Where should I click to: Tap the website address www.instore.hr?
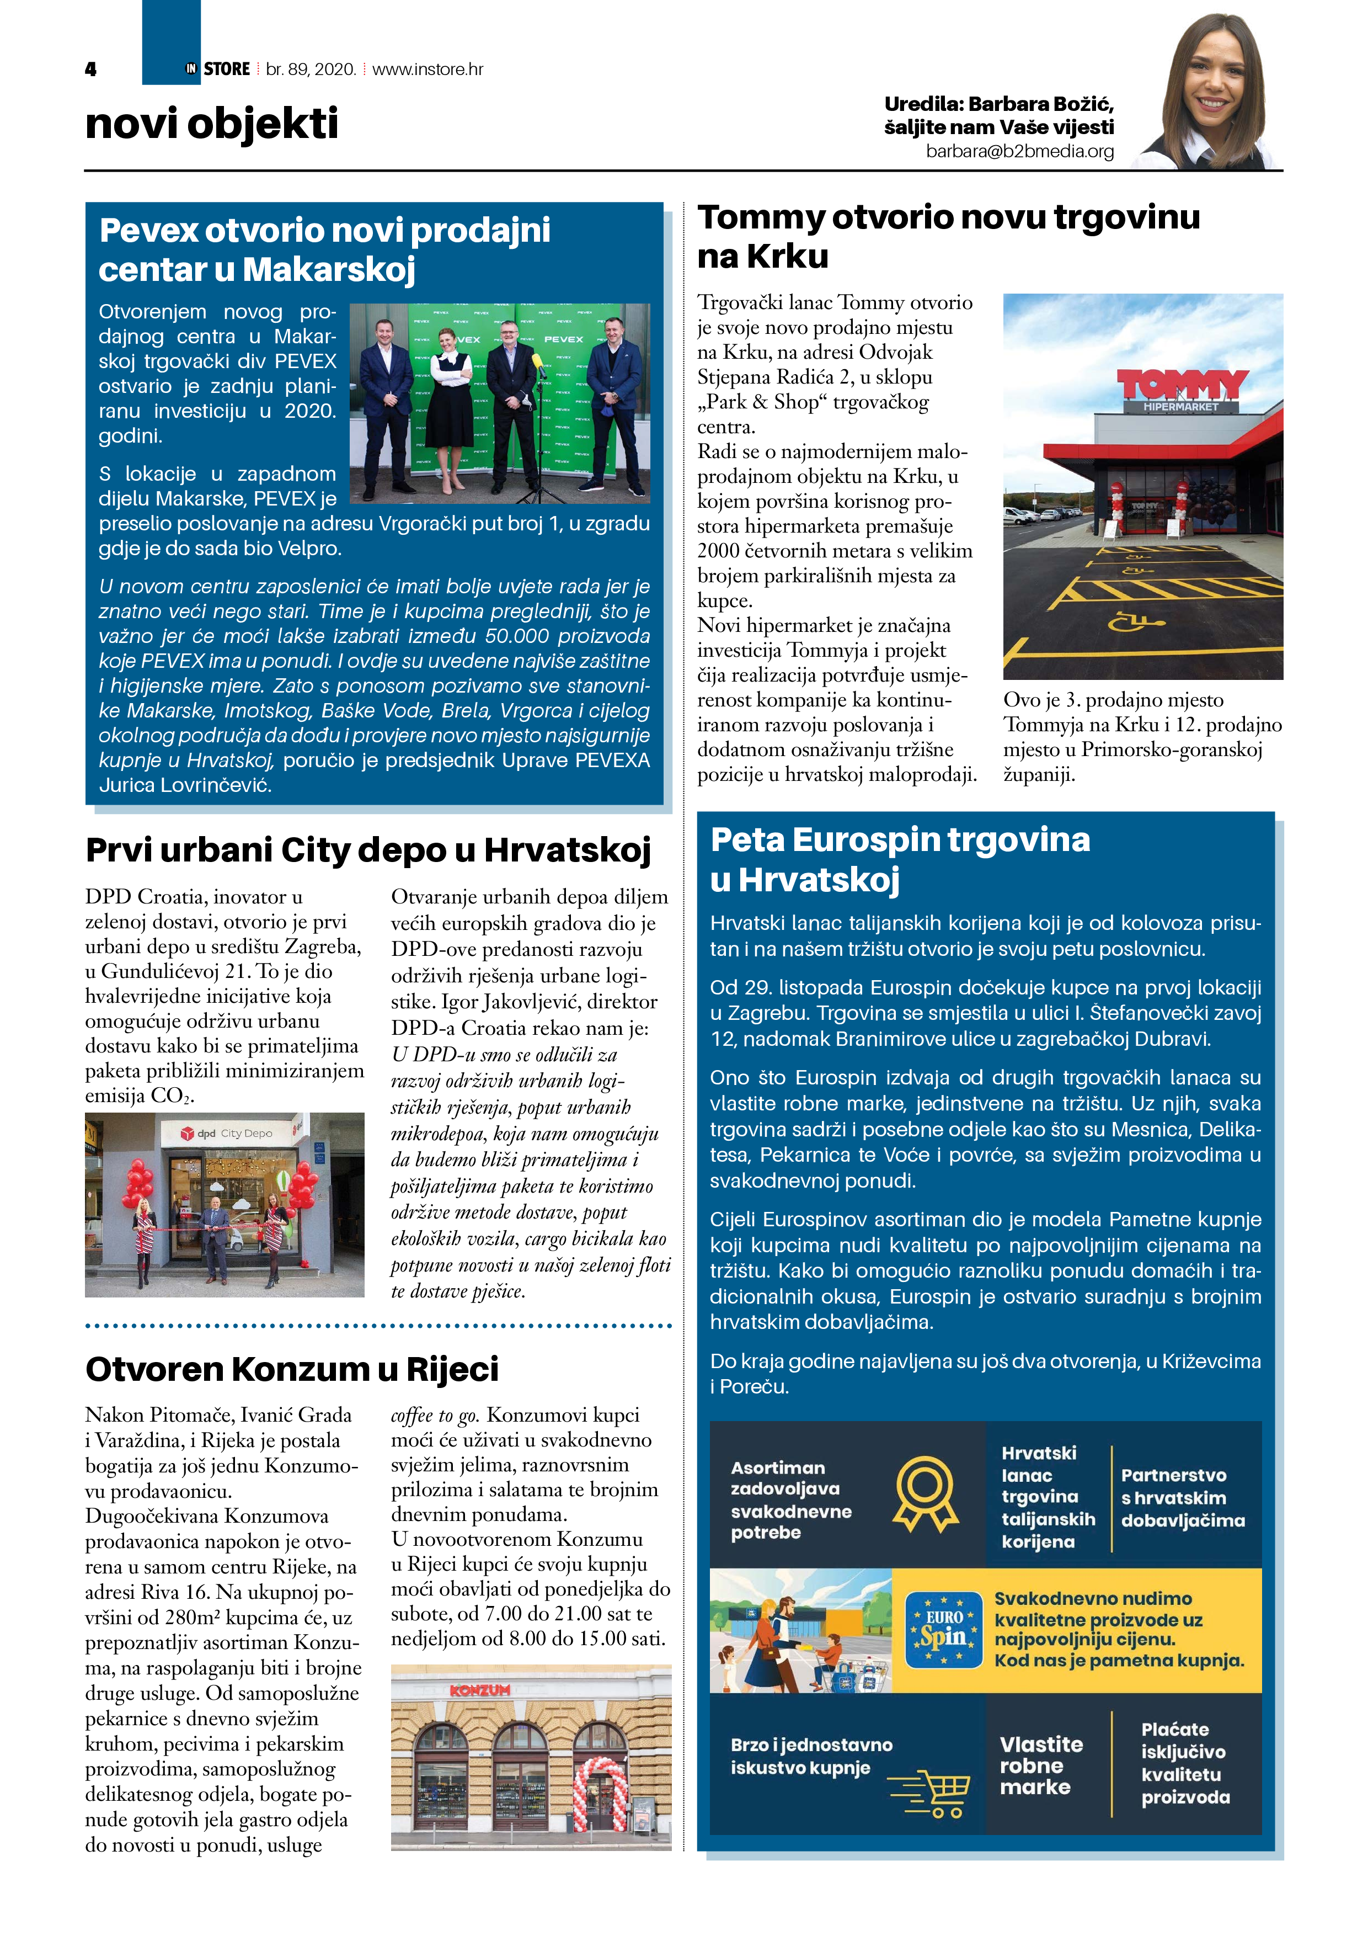[x=427, y=69]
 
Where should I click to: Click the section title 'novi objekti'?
[x=212, y=124]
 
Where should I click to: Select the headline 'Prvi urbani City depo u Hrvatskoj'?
[x=368, y=850]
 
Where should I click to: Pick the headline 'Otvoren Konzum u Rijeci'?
[x=292, y=1369]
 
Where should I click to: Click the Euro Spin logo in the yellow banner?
[x=943, y=1630]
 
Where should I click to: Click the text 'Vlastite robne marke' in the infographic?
[x=1040, y=1765]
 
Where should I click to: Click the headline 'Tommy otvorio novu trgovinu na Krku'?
[x=948, y=236]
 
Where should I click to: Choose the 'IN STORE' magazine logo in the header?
[x=218, y=69]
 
